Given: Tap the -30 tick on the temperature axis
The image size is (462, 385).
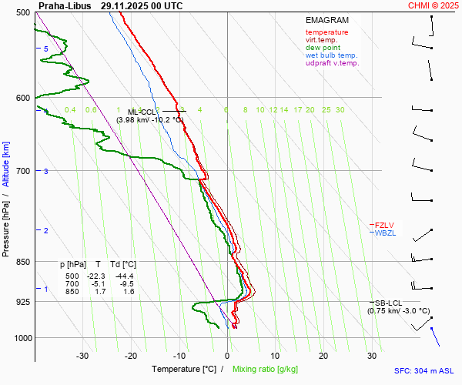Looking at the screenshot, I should coord(82,356).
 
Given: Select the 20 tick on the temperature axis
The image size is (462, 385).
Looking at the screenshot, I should coord(323,356).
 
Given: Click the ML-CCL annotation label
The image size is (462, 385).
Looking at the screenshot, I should coord(142,112).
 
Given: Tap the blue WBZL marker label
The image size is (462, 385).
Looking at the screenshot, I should coord(385,233).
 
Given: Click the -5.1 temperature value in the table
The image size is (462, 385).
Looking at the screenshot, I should coord(98,284).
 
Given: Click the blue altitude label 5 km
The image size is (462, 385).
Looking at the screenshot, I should coord(46,49).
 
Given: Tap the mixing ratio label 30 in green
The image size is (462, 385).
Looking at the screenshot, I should coord(340,110).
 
